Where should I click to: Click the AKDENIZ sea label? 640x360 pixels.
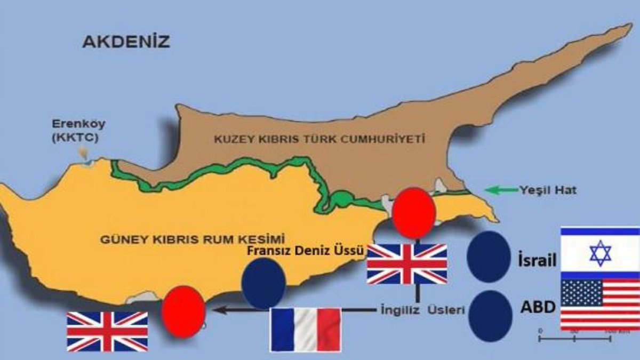click(x=126, y=42)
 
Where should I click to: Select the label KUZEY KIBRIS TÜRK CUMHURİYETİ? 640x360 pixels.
click(x=319, y=139)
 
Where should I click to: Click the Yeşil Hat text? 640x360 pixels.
click(x=547, y=189)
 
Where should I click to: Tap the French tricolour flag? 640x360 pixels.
click(x=305, y=329)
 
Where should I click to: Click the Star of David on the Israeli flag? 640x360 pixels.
click(x=600, y=253)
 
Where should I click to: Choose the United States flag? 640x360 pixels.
click(x=600, y=305)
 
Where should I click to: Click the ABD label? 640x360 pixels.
click(x=537, y=308)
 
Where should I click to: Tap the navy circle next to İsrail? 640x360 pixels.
click(x=488, y=257)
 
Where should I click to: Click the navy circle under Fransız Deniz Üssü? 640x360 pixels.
click(x=263, y=283)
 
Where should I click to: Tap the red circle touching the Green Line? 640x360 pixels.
click(x=413, y=212)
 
